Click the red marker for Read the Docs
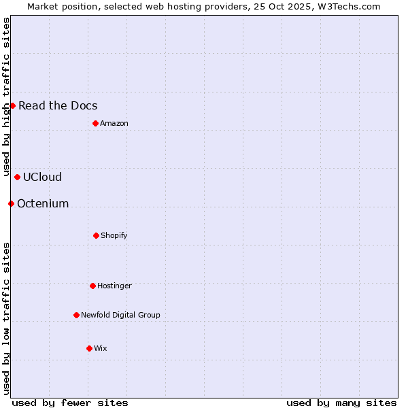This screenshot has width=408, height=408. pyautogui.click(x=12, y=105)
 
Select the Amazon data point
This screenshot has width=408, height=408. pyautogui.click(x=95, y=123)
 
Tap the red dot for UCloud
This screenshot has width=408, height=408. pyautogui.click(x=17, y=177)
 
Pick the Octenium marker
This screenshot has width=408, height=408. pyautogui.click(x=11, y=203)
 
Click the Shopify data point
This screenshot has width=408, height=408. pyautogui.click(x=96, y=235)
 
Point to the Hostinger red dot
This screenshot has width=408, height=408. pyautogui.click(x=92, y=286)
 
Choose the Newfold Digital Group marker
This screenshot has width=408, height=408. pyautogui.click(x=76, y=315)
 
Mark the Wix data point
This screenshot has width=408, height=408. pyautogui.click(x=89, y=348)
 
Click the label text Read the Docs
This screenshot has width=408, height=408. pyautogui.click(x=58, y=105)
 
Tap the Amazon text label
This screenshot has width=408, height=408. pyautogui.click(x=114, y=123)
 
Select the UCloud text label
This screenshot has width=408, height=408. pyautogui.click(x=42, y=177)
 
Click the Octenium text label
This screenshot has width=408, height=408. pyautogui.click(x=43, y=203)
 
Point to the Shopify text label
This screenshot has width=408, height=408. pyautogui.click(x=114, y=235)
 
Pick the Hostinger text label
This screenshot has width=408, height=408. pyautogui.click(x=114, y=286)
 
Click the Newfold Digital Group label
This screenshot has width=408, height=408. pyautogui.click(x=120, y=315)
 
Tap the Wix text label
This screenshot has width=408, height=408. pyautogui.click(x=101, y=348)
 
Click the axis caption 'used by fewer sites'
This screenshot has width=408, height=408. pyautogui.click(x=70, y=403)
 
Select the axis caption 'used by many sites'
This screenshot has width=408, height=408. pyautogui.click(x=341, y=403)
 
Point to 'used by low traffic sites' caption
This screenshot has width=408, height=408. pyautogui.click(x=6, y=318)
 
